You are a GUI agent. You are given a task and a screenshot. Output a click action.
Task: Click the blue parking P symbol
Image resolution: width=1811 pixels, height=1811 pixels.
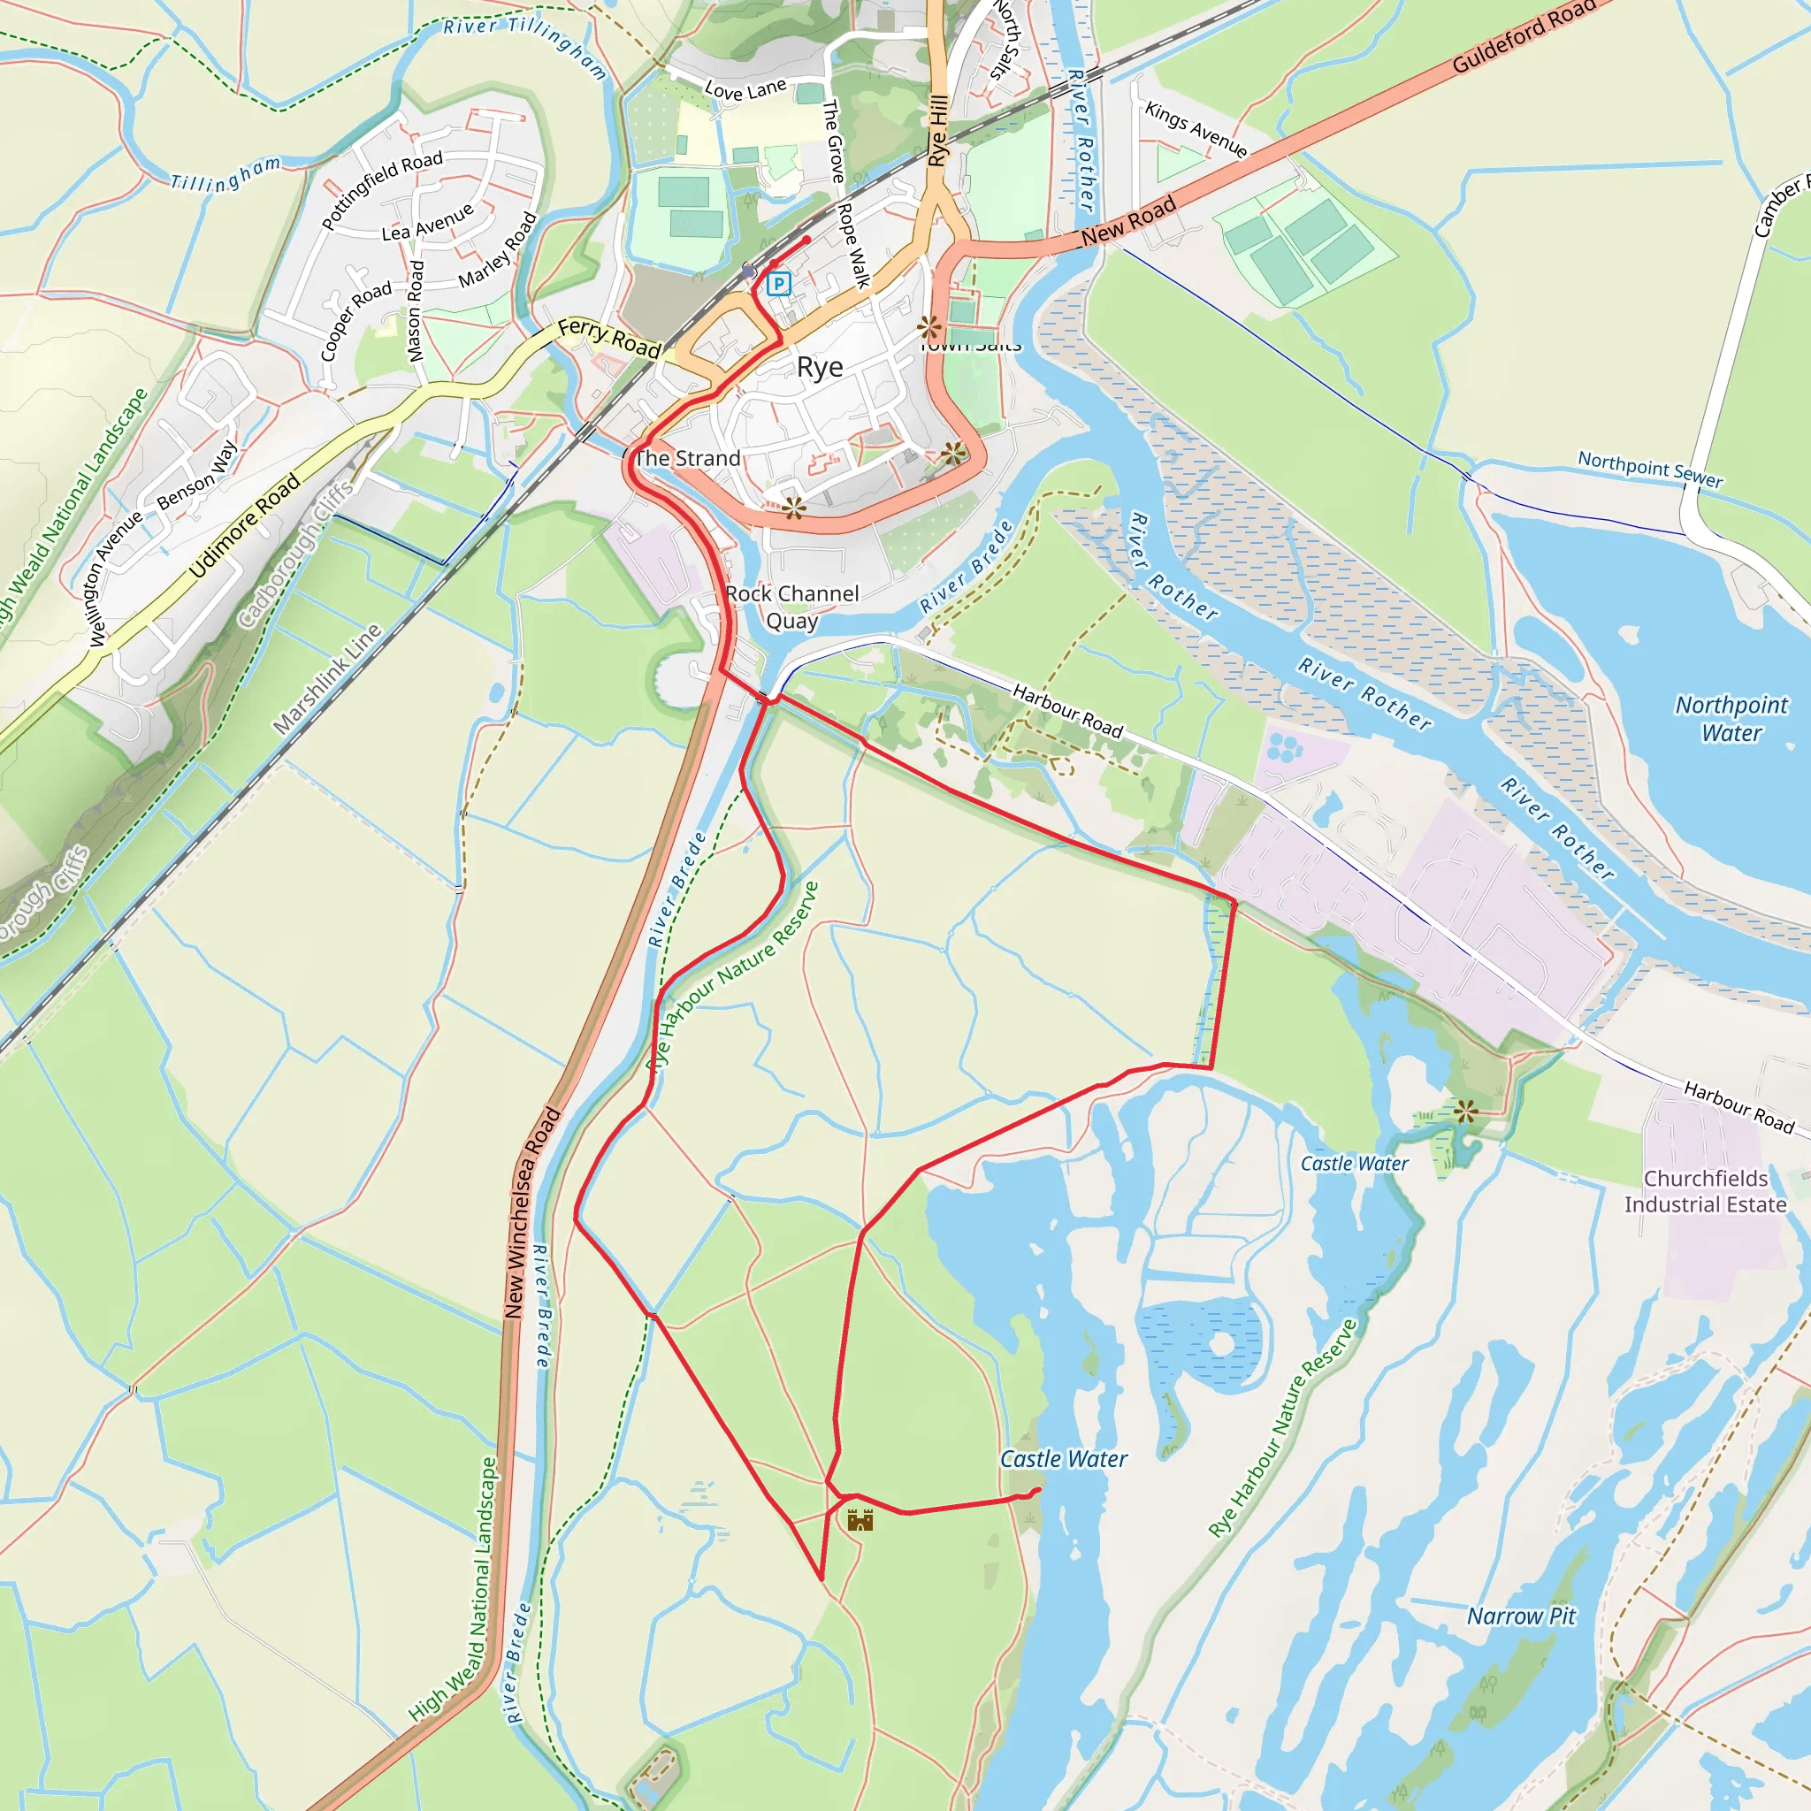778,283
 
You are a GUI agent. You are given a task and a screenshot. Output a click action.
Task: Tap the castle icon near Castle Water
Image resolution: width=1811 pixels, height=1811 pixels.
860,1519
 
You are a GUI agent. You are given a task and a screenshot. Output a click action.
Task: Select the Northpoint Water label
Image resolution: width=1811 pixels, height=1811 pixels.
1731,718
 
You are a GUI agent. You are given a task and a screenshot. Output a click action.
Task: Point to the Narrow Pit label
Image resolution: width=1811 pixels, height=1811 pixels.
1520,1616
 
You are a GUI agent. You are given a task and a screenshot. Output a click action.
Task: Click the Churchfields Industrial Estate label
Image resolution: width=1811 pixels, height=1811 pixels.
1705,1191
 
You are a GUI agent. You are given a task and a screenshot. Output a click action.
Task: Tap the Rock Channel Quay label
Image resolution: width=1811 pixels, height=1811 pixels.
792,607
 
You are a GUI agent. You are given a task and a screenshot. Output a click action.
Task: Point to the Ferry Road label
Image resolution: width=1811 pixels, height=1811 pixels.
609,338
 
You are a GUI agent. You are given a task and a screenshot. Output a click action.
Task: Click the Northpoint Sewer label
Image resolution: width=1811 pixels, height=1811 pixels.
1650,469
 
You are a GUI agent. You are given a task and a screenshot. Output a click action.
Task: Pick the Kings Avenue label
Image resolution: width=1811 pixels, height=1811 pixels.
1196,130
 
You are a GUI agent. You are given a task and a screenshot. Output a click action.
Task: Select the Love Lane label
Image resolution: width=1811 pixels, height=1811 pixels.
745,90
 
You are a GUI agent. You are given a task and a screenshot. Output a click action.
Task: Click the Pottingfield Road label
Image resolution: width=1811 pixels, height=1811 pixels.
381,190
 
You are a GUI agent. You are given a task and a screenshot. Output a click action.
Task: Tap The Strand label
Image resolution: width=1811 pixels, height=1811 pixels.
687,458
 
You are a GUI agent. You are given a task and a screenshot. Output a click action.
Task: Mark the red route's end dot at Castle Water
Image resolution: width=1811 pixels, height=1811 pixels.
1036,1490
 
